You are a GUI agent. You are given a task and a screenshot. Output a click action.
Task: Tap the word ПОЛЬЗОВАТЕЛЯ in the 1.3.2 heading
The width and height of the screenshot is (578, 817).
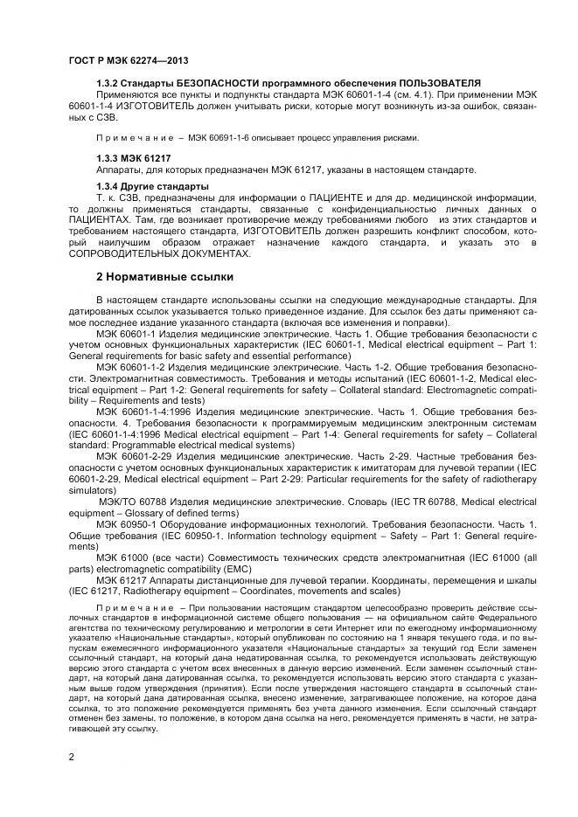[444, 83]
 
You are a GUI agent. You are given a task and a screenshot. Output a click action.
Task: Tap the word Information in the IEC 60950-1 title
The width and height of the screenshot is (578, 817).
[265, 536]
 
